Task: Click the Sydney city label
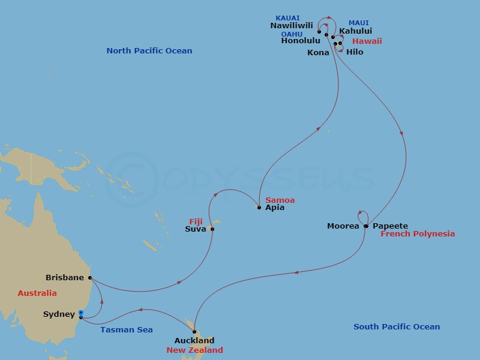pos(59,314)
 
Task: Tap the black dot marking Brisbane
pos(90,278)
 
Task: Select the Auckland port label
pos(194,341)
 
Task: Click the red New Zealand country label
pos(194,350)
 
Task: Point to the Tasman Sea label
pos(127,329)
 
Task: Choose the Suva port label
pos(196,229)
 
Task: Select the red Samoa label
pos(280,200)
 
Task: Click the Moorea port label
pos(343,226)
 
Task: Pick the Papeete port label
pos(390,226)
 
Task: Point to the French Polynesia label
pos(418,234)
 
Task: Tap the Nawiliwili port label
pos(292,26)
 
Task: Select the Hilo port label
pos(355,52)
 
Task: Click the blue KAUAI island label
pos(288,19)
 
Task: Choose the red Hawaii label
pos(367,41)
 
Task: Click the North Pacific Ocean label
pos(149,51)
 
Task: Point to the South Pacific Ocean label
pos(397,327)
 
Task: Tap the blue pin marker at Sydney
pos(80,313)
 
